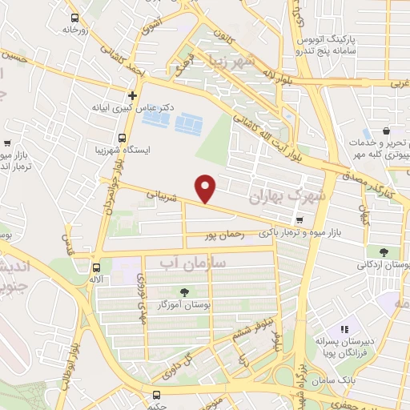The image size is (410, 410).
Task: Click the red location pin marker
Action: pyautogui.click(x=207, y=188)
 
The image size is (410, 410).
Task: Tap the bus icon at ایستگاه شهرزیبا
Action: pyautogui.click(x=122, y=138)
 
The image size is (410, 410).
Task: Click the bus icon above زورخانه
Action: pyautogui.click(x=74, y=18)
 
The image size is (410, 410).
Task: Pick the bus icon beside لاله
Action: pyautogui.click(x=95, y=268)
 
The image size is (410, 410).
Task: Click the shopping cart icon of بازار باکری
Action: pyautogui.click(x=299, y=220)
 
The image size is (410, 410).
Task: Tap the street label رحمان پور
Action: pyautogui.click(x=222, y=235)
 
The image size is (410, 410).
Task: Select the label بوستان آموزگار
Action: pyautogui.click(x=185, y=305)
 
